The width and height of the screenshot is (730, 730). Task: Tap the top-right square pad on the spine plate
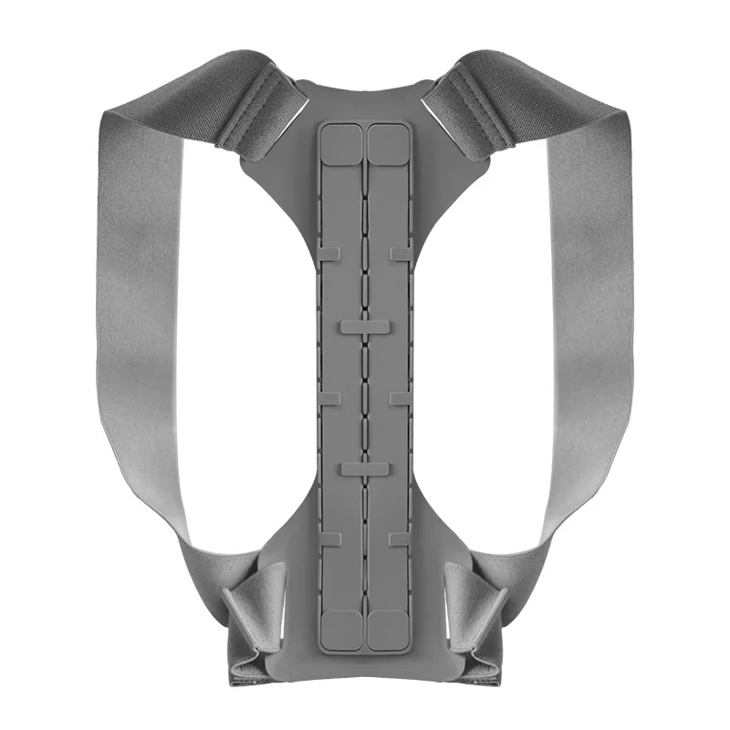[x=387, y=144]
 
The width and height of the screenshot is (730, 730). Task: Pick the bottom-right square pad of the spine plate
[x=387, y=629]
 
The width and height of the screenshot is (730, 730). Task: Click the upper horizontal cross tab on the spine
[x=365, y=325]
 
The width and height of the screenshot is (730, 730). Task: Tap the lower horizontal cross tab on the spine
[x=365, y=469]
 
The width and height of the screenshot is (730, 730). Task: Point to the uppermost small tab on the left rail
[x=330, y=253]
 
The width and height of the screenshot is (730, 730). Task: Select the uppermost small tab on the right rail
[x=400, y=253]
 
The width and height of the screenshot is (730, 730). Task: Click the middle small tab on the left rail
[x=330, y=398]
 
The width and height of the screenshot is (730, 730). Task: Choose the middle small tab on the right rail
[x=400, y=398]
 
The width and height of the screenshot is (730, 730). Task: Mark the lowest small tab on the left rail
[x=330, y=539]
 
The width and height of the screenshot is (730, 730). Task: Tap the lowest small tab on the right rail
[x=400, y=539]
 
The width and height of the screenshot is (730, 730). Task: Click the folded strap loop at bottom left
[x=254, y=607]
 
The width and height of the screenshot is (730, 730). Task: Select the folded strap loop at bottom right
[x=476, y=607]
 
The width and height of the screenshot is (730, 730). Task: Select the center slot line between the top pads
[x=365, y=146]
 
